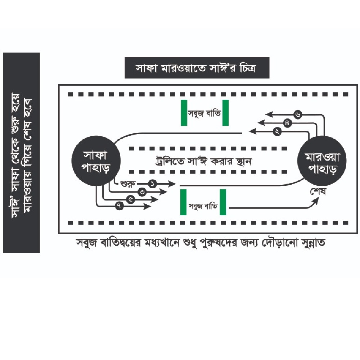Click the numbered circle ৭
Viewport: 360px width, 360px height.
[x=118, y=206]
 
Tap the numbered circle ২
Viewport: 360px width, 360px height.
[x=277, y=131]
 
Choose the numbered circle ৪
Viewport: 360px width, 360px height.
[x=287, y=123]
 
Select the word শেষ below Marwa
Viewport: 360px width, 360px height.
[x=317, y=191]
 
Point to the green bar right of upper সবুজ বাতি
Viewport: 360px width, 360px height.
[x=226, y=113]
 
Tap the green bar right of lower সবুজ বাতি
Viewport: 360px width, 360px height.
[x=223, y=202]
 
